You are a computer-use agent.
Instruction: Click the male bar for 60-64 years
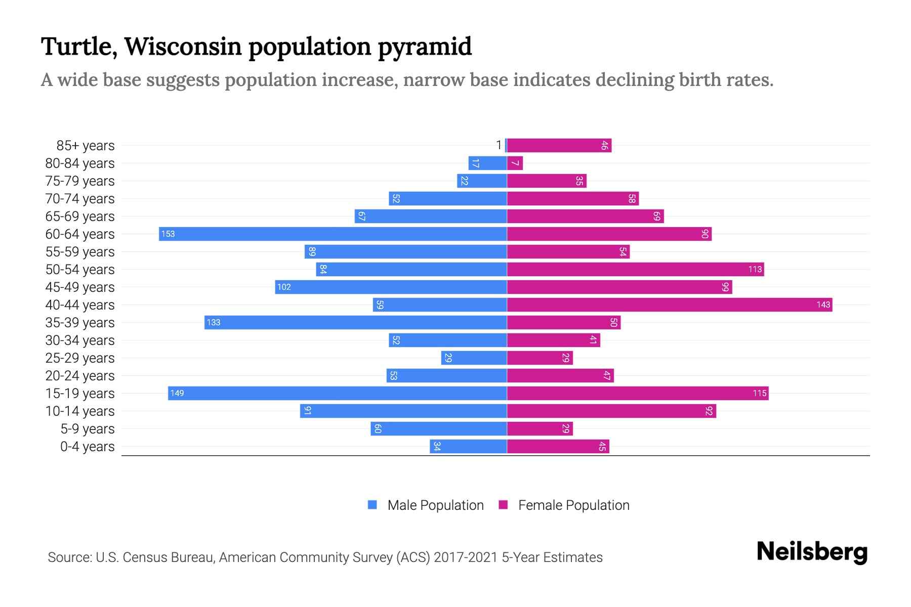point(333,234)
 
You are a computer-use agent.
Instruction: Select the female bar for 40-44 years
point(669,305)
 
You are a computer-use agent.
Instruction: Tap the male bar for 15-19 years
point(337,393)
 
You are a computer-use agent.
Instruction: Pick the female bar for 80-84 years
point(515,163)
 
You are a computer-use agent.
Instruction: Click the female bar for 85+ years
point(559,145)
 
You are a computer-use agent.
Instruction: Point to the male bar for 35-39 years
point(355,322)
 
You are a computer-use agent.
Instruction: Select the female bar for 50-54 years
point(635,269)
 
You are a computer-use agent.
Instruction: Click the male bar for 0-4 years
point(468,446)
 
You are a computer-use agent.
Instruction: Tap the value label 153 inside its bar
point(168,234)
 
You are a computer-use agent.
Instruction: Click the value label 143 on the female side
point(823,305)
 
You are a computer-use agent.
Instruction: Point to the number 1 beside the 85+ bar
point(499,145)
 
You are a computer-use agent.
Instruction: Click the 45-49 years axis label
point(80,287)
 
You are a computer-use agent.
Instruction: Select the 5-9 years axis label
point(87,428)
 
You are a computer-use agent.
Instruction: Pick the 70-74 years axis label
point(80,198)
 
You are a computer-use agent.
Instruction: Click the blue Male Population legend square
point(372,505)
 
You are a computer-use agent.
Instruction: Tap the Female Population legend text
point(573,505)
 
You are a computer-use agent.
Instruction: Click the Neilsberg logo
point(812,552)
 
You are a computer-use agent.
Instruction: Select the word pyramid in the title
point(424,47)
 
